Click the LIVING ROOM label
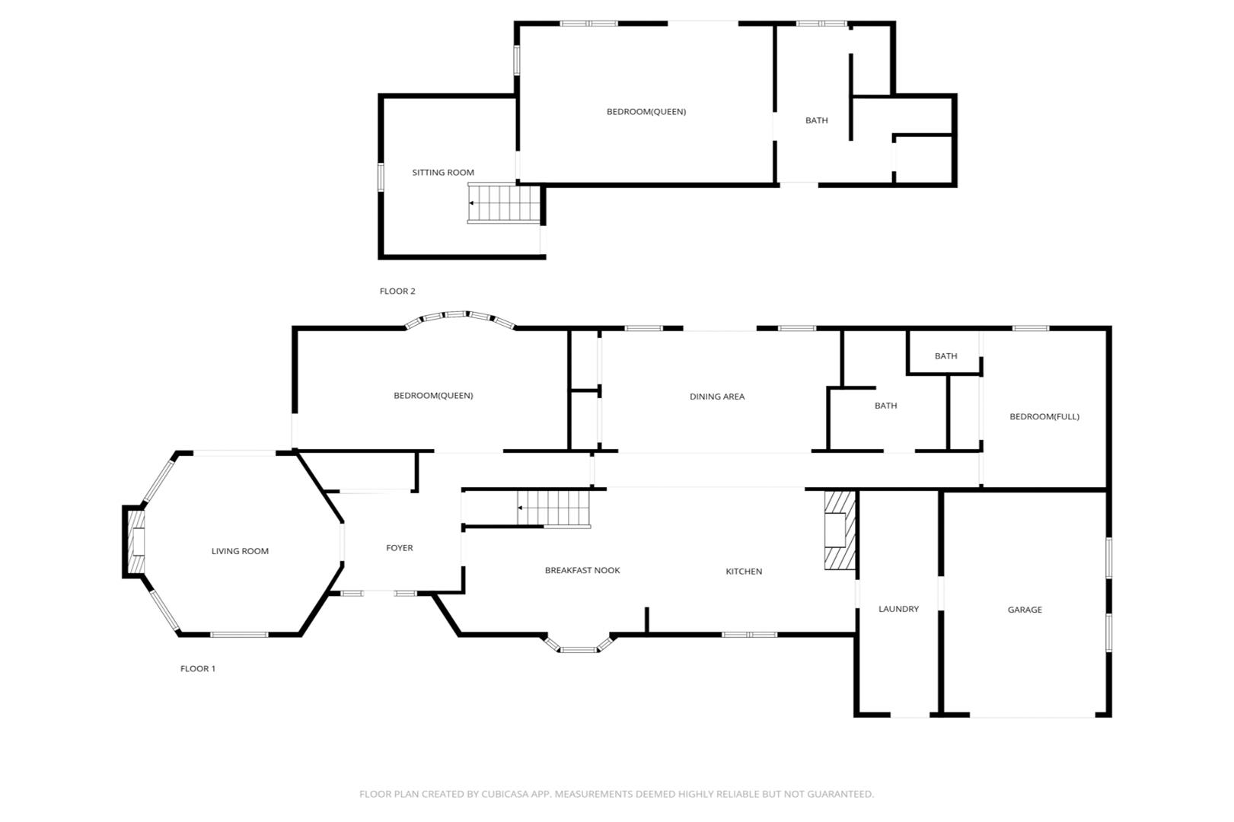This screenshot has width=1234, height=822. point(241,551)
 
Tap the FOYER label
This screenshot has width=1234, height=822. point(400,548)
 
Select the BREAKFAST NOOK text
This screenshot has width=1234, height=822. point(582,570)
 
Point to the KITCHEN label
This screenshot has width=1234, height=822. point(744,572)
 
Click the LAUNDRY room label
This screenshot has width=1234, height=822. point(898,609)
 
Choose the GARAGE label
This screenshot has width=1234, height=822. point(1025,610)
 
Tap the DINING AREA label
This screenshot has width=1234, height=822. point(716,396)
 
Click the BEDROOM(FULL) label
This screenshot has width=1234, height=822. point(1044,416)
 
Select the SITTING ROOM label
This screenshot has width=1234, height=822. point(443,173)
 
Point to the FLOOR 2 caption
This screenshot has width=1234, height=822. point(397,291)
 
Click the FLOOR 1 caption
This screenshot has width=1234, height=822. point(198,668)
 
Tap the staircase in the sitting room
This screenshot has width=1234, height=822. point(503,203)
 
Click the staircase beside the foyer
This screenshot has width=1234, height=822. point(553,508)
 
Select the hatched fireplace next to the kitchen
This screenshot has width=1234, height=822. point(840,530)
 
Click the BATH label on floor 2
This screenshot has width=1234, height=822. point(816,120)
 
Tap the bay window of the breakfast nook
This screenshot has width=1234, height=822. point(579,644)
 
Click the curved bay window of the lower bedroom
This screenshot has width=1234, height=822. point(460,314)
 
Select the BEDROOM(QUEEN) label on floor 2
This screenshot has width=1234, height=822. point(646,112)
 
